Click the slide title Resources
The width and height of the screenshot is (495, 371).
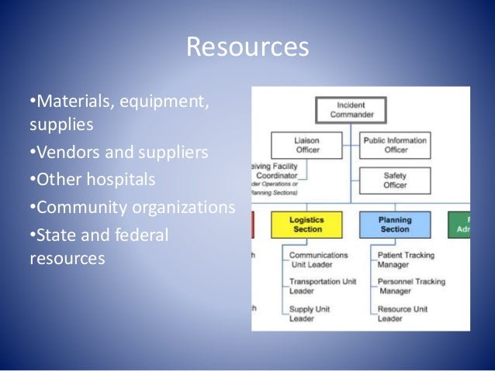click(247, 47)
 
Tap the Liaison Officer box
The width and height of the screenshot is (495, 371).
click(308, 145)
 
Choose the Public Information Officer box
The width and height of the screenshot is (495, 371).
click(396, 145)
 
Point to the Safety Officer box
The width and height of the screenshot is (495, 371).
click(396, 180)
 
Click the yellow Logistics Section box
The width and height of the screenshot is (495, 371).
click(307, 224)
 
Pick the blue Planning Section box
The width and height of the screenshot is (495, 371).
click(395, 224)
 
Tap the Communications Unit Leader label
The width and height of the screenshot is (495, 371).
click(319, 259)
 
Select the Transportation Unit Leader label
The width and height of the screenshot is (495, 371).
click(321, 286)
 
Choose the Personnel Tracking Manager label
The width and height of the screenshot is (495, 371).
click(410, 286)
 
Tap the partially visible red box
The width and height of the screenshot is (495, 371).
click(252, 224)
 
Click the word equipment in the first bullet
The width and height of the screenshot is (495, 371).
click(159, 102)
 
